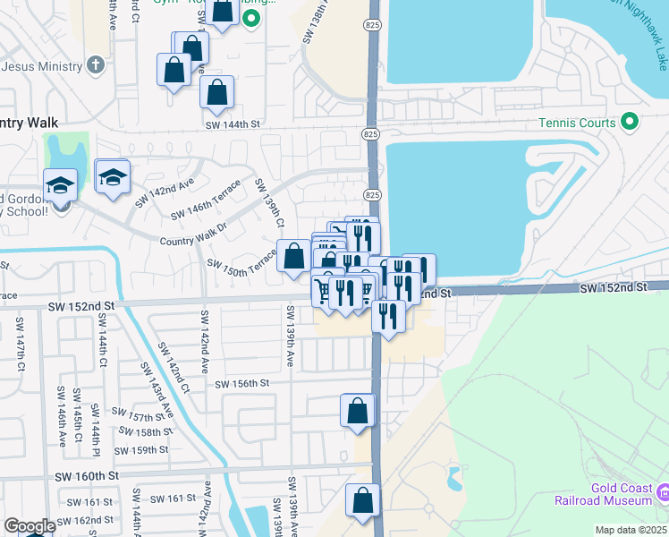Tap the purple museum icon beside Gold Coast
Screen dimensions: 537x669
point(664,492)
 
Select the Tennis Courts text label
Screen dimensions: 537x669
point(578,123)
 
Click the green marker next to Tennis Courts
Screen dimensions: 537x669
point(630,123)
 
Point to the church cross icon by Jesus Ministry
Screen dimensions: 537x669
point(96,65)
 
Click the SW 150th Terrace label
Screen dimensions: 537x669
point(241,264)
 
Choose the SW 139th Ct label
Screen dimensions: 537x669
point(268,203)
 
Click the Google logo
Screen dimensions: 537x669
point(29,526)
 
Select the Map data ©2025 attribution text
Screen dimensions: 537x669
point(630,530)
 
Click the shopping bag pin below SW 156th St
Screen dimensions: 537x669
point(357,411)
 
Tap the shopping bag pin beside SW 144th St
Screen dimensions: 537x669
point(216,91)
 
